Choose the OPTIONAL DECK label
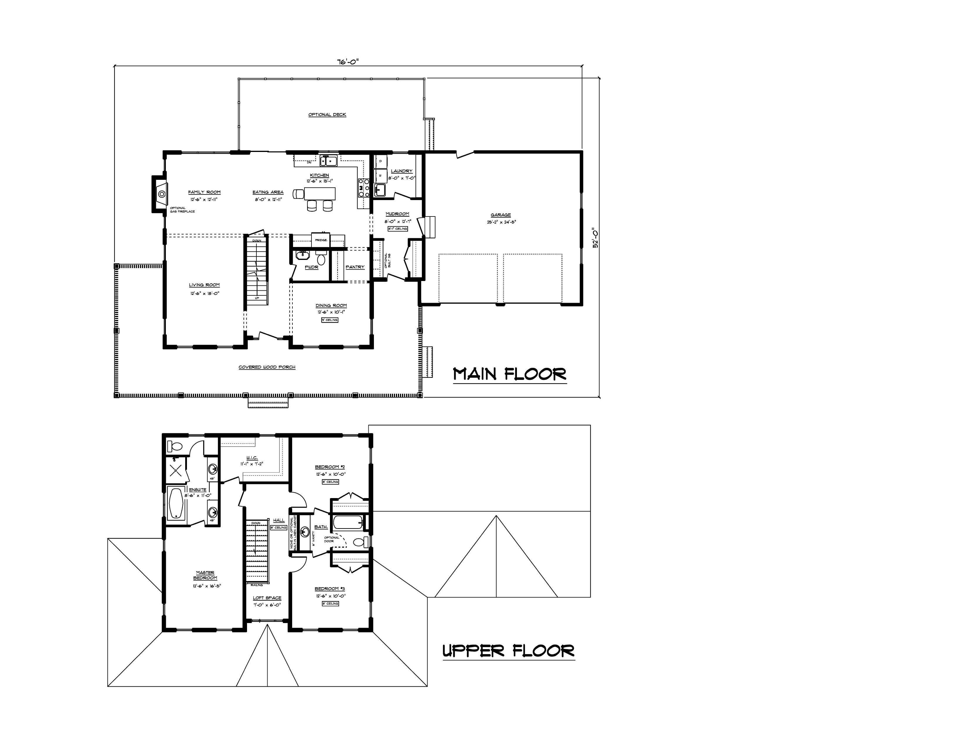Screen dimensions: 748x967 [x=327, y=115]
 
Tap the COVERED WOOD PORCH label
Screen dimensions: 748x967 [x=267, y=367]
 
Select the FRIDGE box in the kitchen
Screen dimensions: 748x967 [x=321, y=239]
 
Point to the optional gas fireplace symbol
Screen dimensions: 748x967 [x=162, y=194]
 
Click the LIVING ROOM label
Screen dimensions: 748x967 [x=204, y=285]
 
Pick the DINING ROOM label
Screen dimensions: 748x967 [x=331, y=305]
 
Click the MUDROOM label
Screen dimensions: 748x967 [x=397, y=214]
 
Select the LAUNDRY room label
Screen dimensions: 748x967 [x=401, y=171]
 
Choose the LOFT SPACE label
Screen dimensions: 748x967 [x=267, y=598]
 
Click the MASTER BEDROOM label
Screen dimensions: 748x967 [x=205, y=575]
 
